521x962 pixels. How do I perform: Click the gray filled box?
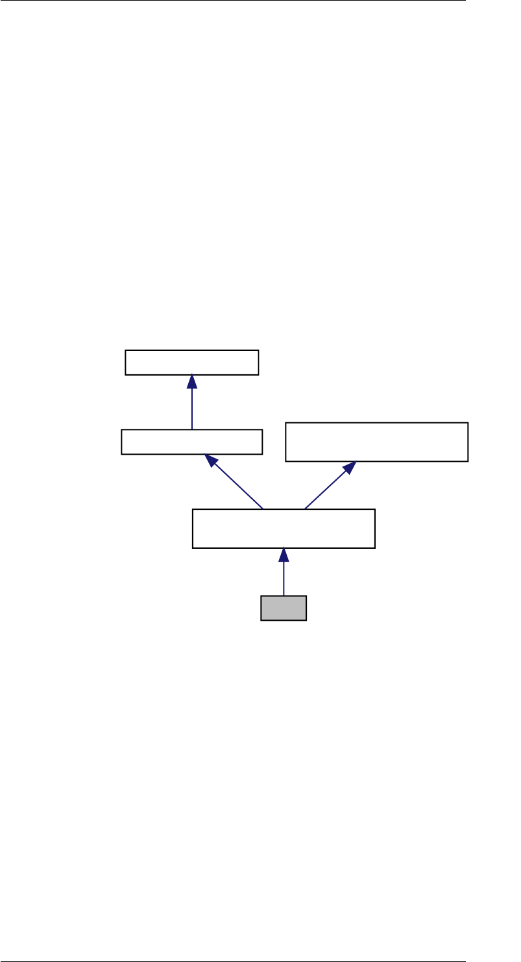pyautogui.click(x=283, y=608)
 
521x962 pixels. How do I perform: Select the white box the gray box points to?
pyautogui.click(x=284, y=529)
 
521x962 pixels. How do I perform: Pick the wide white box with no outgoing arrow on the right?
pyautogui.click(x=376, y=442)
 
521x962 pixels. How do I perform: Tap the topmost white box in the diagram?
pyautogui.click(x=191, y=362)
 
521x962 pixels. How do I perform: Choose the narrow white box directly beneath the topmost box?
pyautogui.click(x=191, y=442)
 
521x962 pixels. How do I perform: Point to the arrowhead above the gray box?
pyautogui.click(x=284, y=555)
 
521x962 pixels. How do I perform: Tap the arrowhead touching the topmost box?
pyautogui.click(x=192, y=381)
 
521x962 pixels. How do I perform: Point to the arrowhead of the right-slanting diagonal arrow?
pyautogui.click(x=350, y=467)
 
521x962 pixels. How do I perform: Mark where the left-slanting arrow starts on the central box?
pyautogui.click(x=263, y=509)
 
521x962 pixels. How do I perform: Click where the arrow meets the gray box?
pyautogui.click(x=284, y=595)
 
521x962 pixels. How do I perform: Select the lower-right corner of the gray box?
pyautogui.click(x=306, y=619)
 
